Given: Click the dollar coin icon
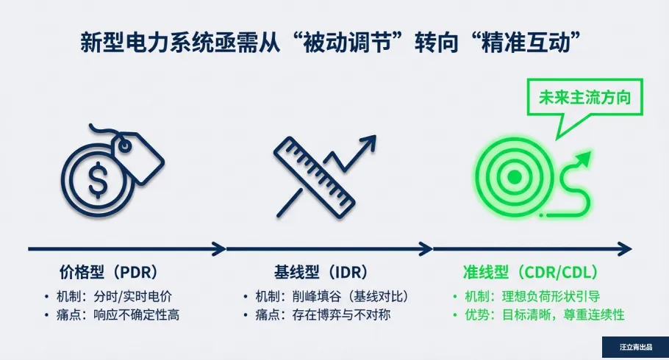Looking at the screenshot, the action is pyautogui.click(x=97, y=180).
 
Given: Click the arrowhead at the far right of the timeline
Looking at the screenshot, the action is pyautogui.click(x=626, y=250).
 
